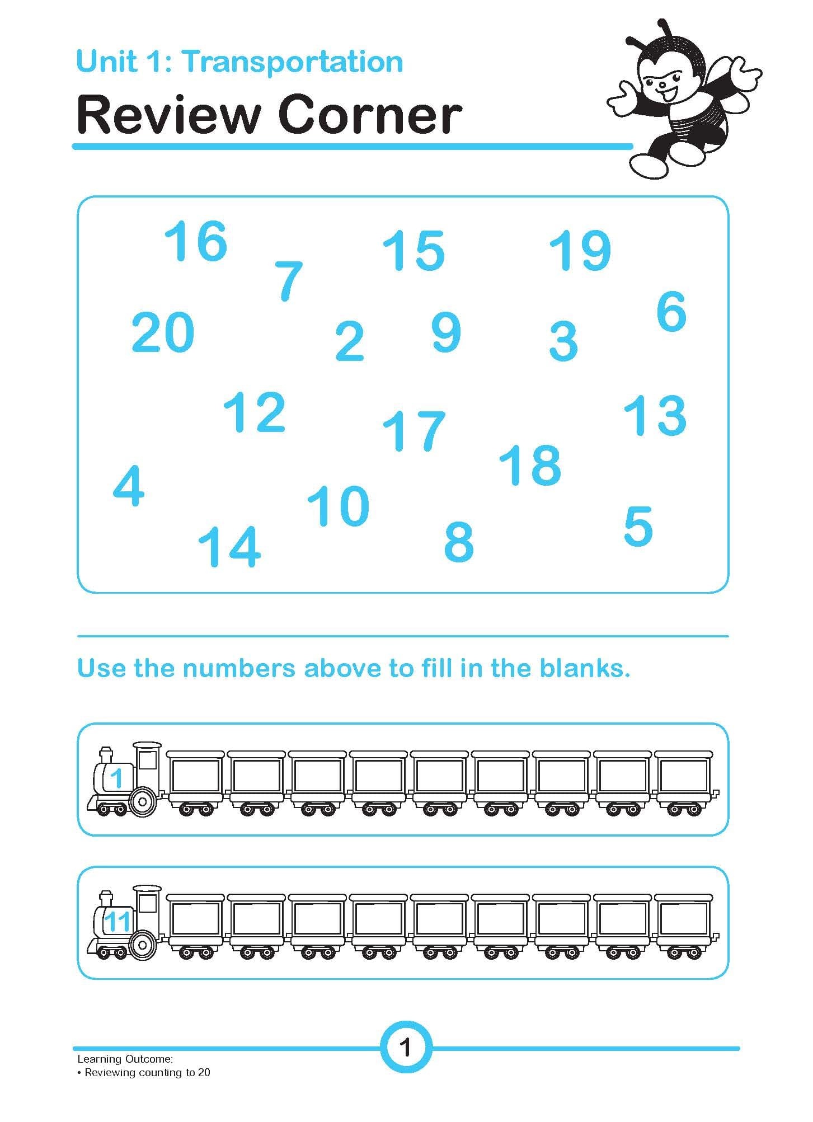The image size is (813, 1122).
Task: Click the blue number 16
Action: click(x=196, y=241)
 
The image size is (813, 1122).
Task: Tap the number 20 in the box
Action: click(x=163, y=332)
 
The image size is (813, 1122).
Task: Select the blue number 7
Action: click(x=289, y=281)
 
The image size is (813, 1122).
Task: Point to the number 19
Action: click(x=580, y=250)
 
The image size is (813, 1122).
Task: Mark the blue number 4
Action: click(x=129, y=486)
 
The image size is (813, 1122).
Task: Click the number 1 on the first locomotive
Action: click(x=116, y=778)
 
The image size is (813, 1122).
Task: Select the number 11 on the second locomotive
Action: click(x=118, y=922)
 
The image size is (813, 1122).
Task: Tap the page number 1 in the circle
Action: click(x=406, y=1047)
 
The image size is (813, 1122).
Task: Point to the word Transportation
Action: click(x=292, y=62)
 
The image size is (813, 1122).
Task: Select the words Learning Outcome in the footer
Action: click(x=125, y=1059)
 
